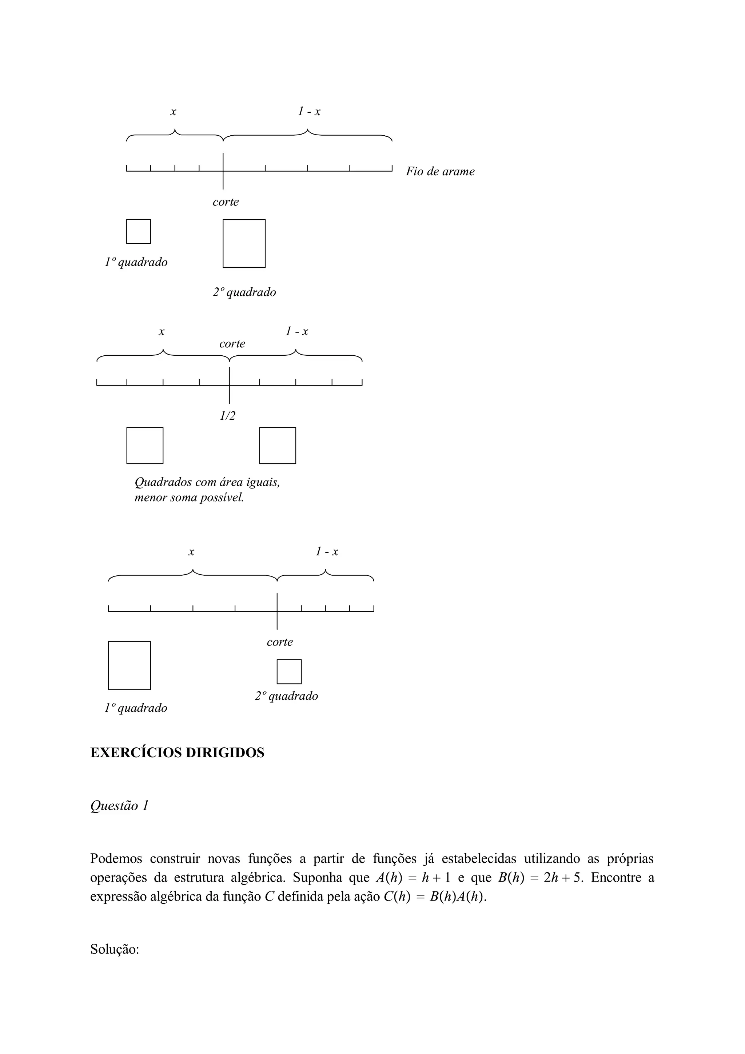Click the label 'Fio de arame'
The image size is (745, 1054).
click(x=440, y=172)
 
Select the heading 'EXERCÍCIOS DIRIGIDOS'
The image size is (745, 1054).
click(x=177, y=753)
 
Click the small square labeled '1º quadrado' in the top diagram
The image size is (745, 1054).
click(x=138, y=231)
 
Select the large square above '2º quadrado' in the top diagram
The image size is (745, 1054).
click(x=244, y=243)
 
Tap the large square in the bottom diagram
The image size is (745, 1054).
click(x=129, y=665)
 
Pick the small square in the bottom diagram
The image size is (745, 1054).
click(x=289, y=672)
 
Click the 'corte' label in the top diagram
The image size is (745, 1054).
click(x=226, y=202)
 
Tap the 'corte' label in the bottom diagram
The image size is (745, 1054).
click(x=279, y=642)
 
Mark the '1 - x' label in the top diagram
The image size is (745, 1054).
click(x=309, y=112)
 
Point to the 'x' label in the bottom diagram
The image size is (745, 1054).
click(x=191, y=552)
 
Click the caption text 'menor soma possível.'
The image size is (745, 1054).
click(x=189, y=498)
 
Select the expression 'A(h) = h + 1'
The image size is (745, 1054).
click(x=413, y=878)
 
